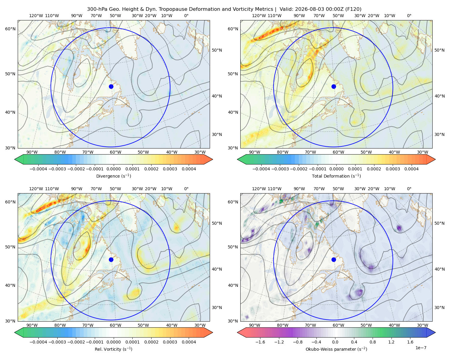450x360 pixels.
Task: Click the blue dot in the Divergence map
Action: tap(111, 87)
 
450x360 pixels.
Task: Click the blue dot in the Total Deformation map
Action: tap(334, 87)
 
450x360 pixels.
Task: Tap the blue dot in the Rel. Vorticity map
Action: tap(111, 259)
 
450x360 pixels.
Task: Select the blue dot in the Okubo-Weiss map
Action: tap(334, 259)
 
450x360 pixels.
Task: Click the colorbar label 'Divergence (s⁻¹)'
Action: tap(113, 176)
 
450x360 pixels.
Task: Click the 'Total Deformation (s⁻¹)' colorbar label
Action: tap(336, 176)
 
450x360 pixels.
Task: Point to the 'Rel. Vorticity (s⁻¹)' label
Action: tap(113, 349)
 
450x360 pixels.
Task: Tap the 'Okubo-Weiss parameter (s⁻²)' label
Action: tap(336, 349)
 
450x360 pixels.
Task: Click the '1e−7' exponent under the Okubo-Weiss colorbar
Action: tap(421, 348)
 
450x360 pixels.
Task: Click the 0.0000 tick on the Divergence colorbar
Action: tap(113, 169)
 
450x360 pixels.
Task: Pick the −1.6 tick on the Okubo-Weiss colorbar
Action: tap(260, 342)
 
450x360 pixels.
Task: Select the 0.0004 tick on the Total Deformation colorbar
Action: tap(412, 169)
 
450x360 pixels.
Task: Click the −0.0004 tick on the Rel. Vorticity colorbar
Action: tap(38, 342)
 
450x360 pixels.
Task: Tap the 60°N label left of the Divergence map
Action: tap(10, 29)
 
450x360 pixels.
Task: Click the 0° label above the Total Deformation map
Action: tap(409, 16)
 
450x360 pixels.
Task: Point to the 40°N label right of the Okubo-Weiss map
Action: tap(439, 269)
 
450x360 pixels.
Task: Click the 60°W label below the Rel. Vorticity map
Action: tap(115, 325)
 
